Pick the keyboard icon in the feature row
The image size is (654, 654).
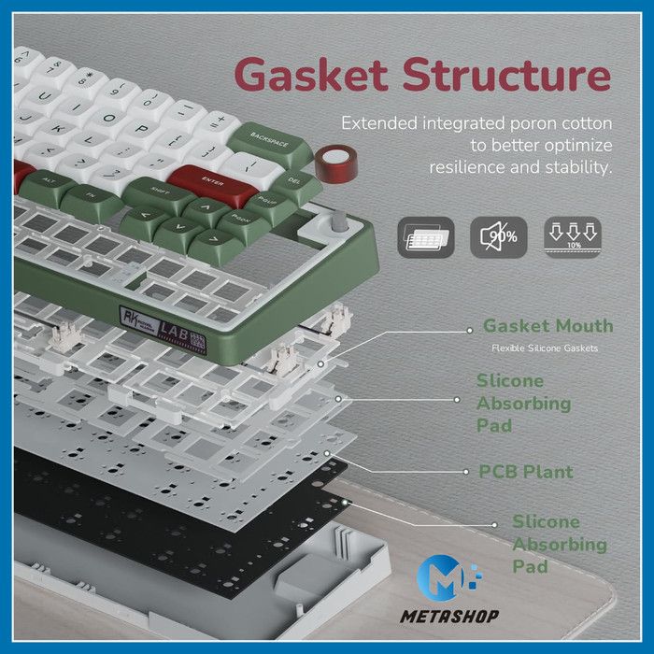(x=425, y=238)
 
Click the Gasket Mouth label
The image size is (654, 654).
(x=547, y=326)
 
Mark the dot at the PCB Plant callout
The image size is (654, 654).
(x=457, y=472)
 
